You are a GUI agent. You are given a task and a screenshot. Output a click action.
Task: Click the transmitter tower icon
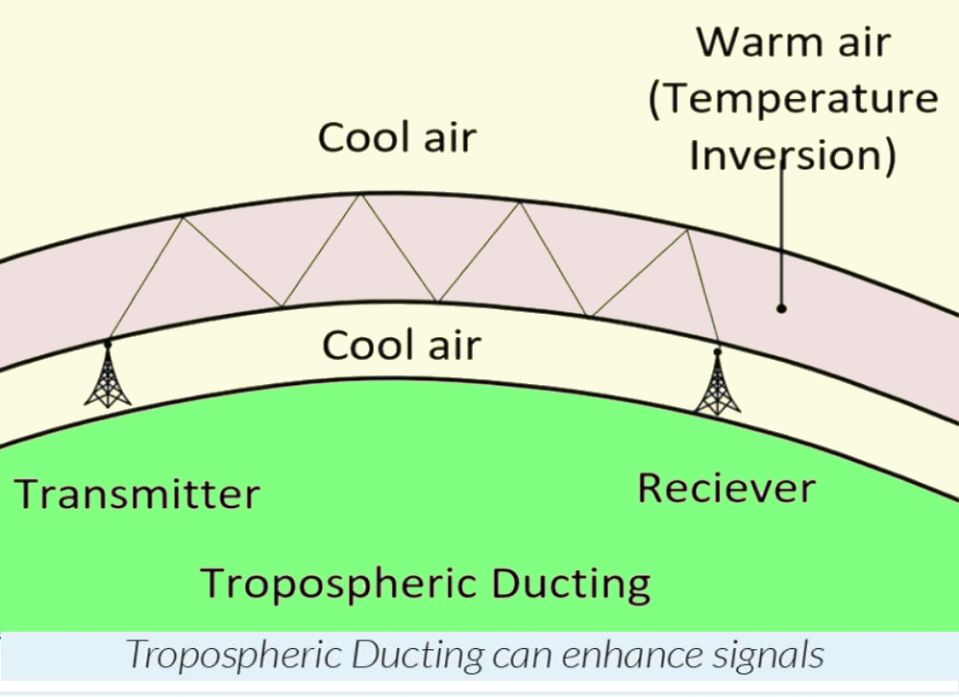point(108,376)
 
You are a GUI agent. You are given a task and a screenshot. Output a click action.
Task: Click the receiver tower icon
point(718,384)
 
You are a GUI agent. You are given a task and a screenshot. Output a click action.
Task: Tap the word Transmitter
point(137,494)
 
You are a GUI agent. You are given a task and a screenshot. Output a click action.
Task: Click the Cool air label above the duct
point(397,137)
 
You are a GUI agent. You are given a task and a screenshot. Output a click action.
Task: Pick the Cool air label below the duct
point(401,345)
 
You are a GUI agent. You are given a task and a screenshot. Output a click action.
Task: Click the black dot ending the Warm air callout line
point(782,308)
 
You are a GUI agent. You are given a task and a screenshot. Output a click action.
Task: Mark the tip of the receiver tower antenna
point(718,352)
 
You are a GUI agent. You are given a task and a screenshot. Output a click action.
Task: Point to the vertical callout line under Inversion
point(782,240)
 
